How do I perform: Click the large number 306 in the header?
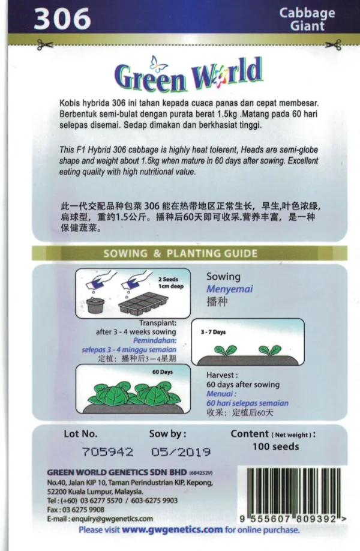[x=62, y=19]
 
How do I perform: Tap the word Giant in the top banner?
[x=307, y=26]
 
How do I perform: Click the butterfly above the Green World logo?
[x=159, y=64]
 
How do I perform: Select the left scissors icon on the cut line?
[x=45, y=45]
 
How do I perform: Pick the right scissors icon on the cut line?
[x=333, y=45]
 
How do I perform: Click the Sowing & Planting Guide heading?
[x=180, y=253]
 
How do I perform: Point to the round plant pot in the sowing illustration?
[x=95, y=306]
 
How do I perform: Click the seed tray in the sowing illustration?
[x=143, y=304]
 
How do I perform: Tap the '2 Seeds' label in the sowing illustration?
[x=168, y=279]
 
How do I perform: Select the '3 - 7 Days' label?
[x=213, y=332]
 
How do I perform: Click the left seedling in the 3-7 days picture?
[x=225, y=351]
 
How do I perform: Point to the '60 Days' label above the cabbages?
[x=162, y=372]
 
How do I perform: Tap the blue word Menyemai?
[x=229, y=289]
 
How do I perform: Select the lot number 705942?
[x=107, y=451]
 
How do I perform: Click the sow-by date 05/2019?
[x=181, y=451]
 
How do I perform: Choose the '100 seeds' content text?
[x=276, y=447]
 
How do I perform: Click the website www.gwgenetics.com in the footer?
[x=172, y=529]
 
